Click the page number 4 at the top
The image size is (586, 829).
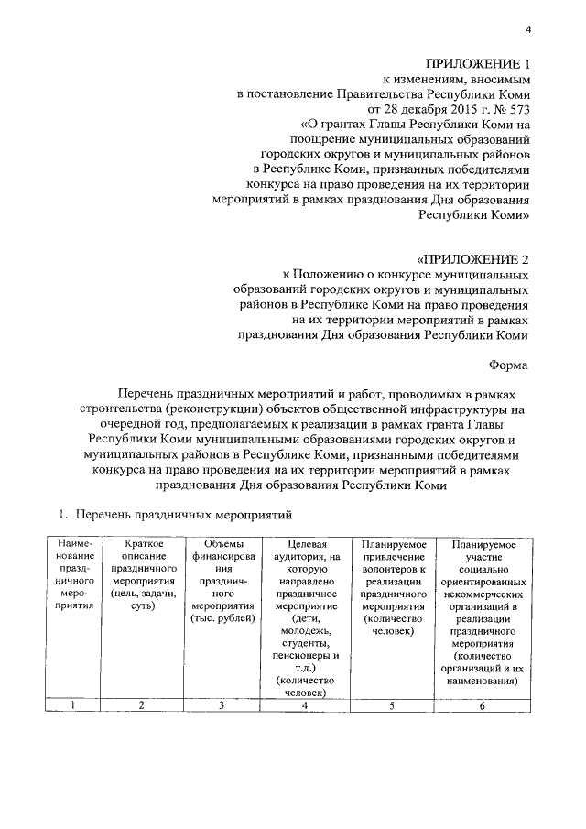pos(528,31)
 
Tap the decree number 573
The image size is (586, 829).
pos(519,108)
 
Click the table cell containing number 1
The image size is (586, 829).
pos(71,705)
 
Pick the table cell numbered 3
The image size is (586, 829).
pos(221,705)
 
